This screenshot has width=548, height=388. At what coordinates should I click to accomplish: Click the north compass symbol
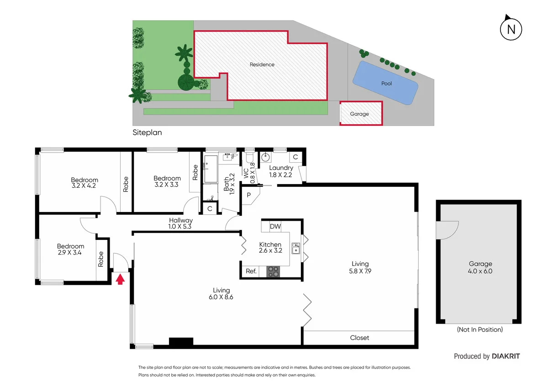(x=511, y=29)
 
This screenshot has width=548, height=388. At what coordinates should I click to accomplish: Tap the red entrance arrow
(x=120, y=279)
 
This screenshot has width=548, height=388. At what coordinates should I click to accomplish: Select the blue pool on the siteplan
(x=386, y=83)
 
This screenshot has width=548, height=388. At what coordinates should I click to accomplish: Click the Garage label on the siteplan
(x=359, y=114)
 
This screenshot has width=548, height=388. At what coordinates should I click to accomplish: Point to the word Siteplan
(x=147, y=133)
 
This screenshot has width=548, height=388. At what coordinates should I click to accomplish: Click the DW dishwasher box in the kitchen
(x=275, y=226)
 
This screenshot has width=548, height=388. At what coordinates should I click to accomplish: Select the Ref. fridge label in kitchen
(x=251, y=271)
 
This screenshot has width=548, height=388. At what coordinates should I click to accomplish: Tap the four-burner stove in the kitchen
(x=273, y=271)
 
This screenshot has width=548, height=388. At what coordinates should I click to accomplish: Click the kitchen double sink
(x=295, y=248)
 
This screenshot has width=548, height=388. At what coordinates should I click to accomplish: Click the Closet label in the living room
(x=359, y=338)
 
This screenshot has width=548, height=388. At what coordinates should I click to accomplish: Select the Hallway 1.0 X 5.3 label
(x=180, y=223)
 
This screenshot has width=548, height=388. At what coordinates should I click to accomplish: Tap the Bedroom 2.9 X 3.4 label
(x=70, y=249)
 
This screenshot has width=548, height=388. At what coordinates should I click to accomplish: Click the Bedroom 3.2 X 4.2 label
(x=84, y=183)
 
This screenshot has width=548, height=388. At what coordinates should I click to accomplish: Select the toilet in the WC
(x=249, y=158)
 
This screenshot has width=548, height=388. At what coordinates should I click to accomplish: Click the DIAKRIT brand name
(x=506, y=356)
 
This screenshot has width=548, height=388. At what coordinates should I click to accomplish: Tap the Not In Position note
(x=479, y=330)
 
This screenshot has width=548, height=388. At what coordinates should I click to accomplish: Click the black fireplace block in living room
(x=181, y=341)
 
